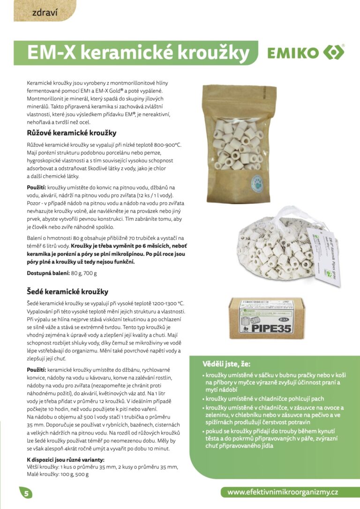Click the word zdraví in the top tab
click(x=45, y=13)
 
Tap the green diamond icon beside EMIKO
click(x=334, y=52)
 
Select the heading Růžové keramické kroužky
click(x=72, y=133)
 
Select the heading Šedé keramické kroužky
click(x=67, y=292)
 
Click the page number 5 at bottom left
click(x=26, y=493)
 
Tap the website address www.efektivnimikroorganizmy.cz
click(x=283, y=492)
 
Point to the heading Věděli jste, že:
click(x=226, y=364)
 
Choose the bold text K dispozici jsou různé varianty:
click(x=66, y=459)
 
